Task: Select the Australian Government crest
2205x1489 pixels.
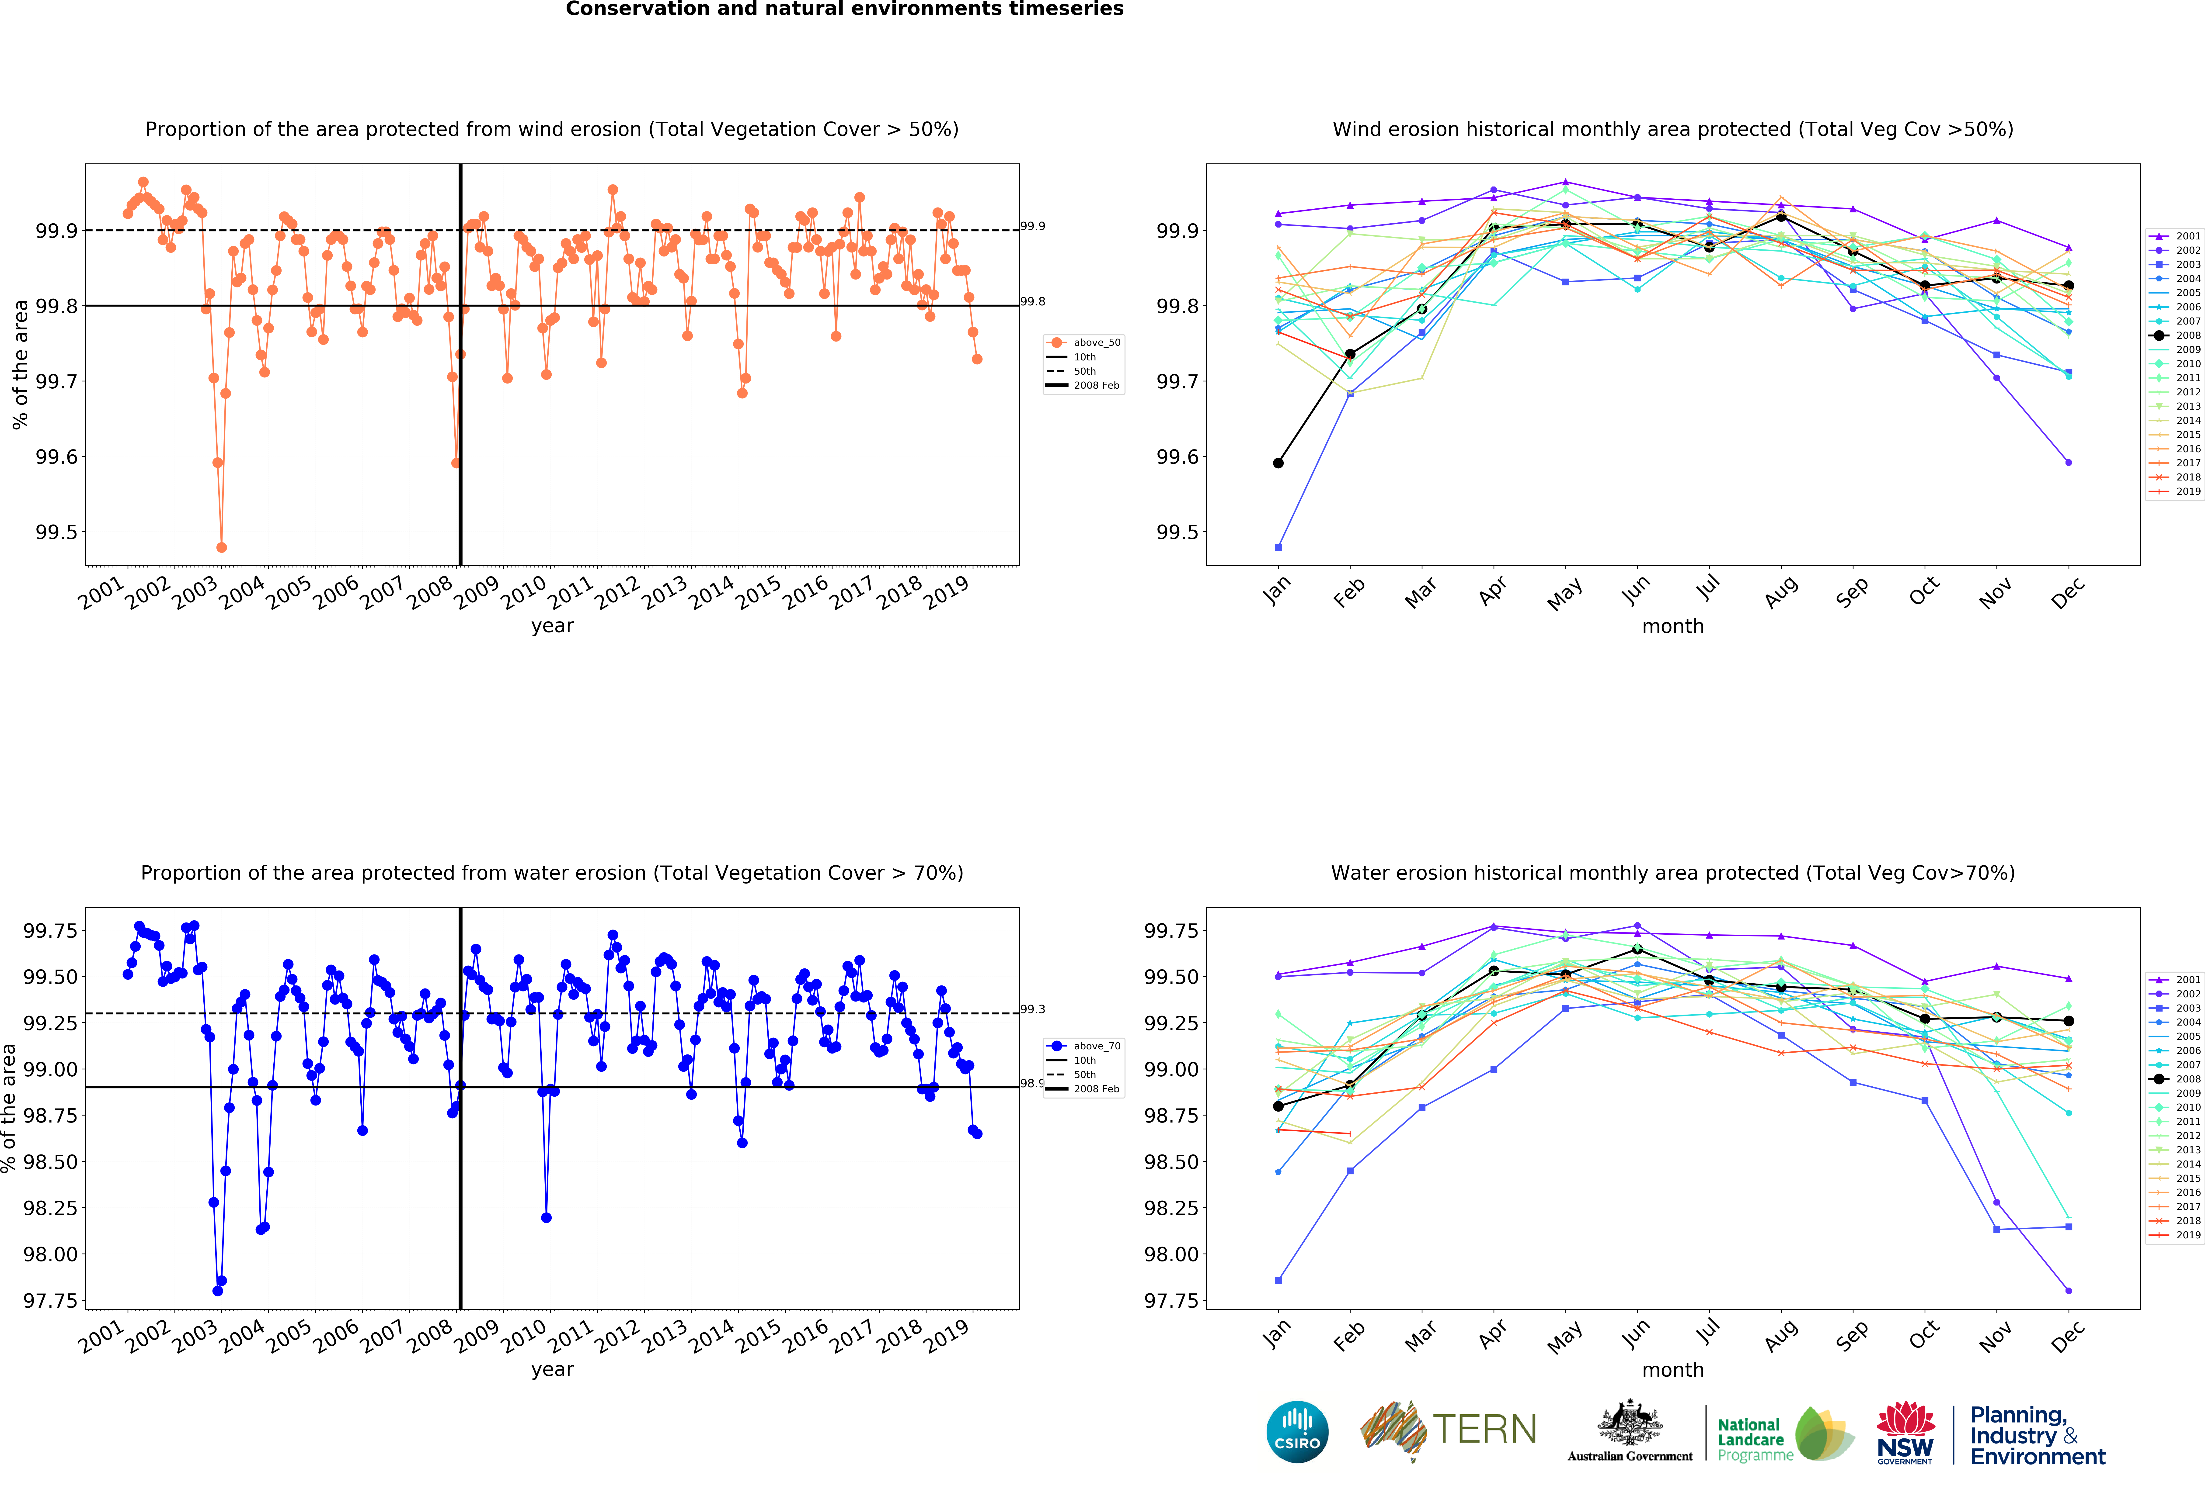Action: (1629, 1424)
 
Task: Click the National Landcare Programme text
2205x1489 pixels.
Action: (1751, 1440)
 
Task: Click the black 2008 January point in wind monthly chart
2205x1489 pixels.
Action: (1278, 463)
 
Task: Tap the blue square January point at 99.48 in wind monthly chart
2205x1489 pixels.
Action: (1278, 547)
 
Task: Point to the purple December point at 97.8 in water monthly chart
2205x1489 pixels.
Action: (2068, 1291)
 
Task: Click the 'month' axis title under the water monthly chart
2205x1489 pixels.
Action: (1673, 1369)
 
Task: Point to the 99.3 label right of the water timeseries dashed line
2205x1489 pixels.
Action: (1032, 1009)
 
